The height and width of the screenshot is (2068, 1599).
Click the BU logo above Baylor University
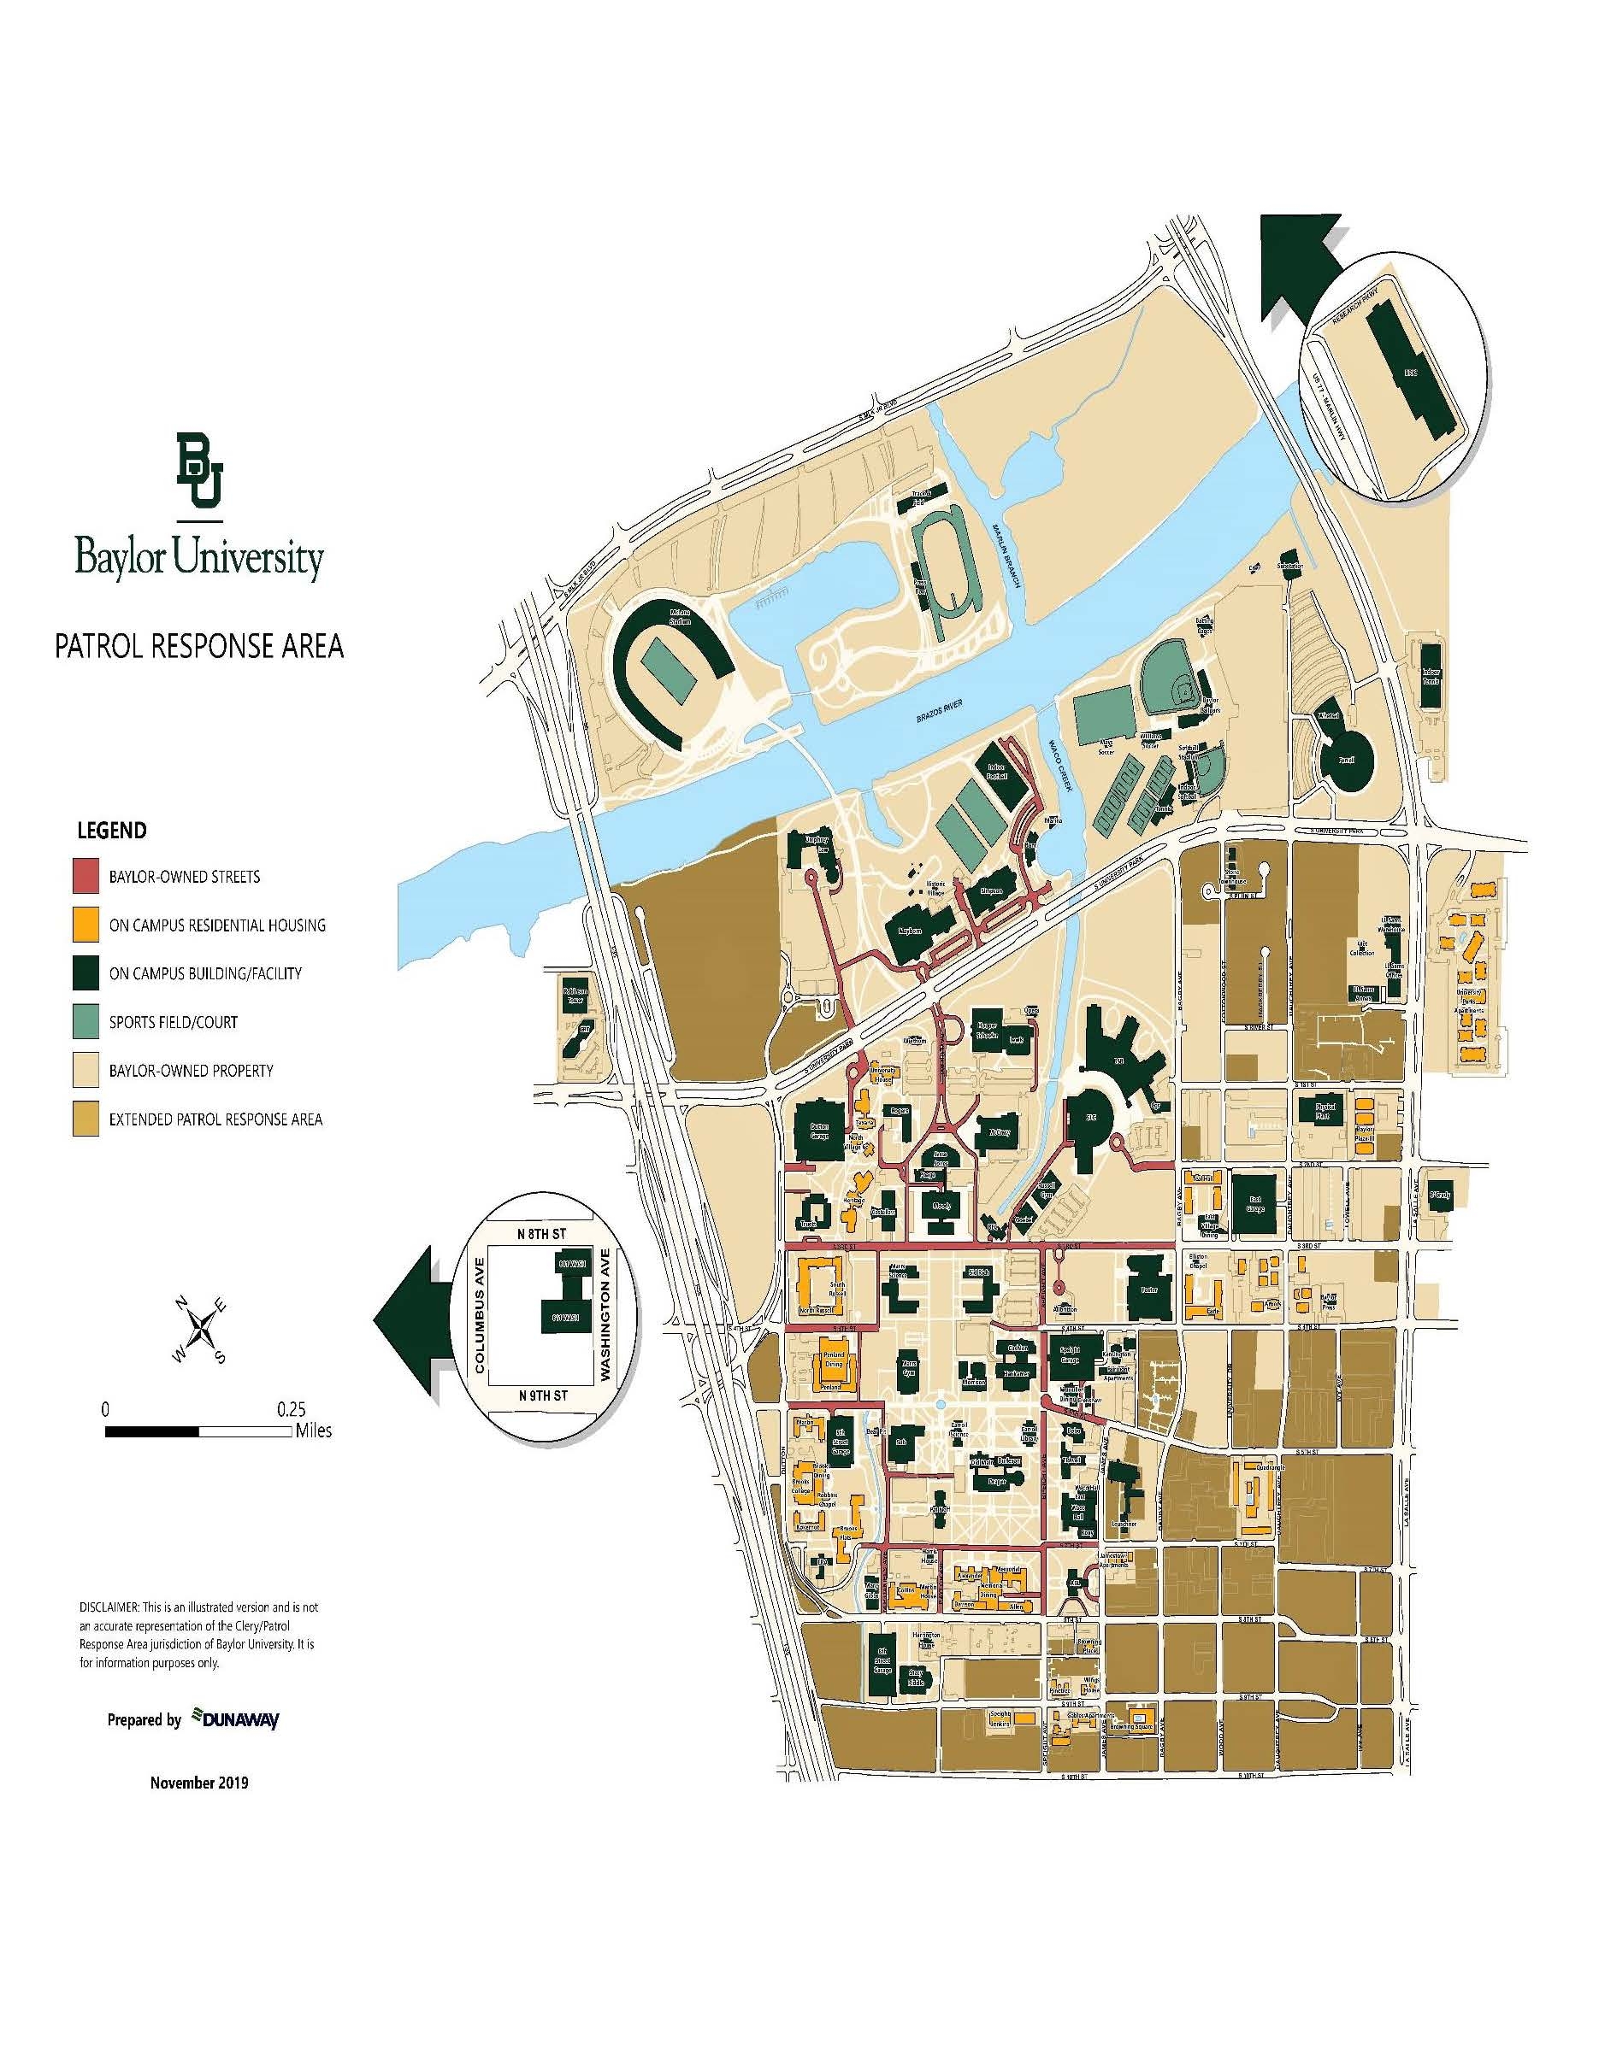click(x=199, y=470)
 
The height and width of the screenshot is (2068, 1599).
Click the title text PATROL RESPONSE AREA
click(x=199, y=646)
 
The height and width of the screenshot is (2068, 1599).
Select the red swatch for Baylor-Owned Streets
click(x=86, y=876)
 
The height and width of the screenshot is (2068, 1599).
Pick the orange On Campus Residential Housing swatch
click(x=86, y=924)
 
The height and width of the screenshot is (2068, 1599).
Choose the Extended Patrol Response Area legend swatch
click(x=86, y=1119)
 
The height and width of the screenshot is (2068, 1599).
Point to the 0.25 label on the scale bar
click(x=291, y=1409)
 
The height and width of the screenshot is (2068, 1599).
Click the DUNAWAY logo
click(x=236, y=1719)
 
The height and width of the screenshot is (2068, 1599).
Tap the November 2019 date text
click(x=199, y=1782)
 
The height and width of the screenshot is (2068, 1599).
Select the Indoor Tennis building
click(x=1430, y=675)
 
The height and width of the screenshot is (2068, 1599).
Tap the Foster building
click(x=1149, y=1289)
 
